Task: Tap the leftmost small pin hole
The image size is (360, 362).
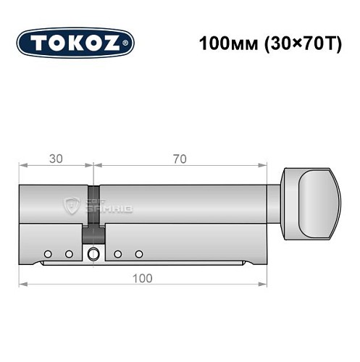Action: tap(48, 254)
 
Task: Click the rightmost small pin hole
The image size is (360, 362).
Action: tap(139, 254)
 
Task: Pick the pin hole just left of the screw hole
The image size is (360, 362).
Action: tap(70, 254)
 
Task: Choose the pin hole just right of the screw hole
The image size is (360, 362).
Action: tap(117, 254)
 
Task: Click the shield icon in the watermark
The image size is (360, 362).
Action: tap(73, 206)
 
